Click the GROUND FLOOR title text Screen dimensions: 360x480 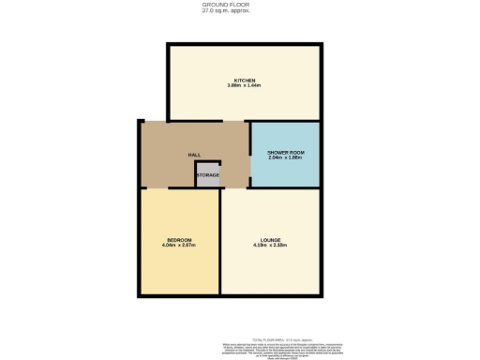point(239,5)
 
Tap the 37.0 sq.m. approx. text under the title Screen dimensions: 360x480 point(239,11)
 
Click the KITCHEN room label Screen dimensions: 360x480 point(246,81)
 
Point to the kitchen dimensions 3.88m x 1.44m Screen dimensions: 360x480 point(246,87)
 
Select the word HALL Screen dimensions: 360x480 point(195,156)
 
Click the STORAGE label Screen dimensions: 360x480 point(208,175)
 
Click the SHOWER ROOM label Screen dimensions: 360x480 point(286,152)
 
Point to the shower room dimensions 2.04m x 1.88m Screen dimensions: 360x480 point(286,157)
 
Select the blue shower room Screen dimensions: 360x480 point(286,173)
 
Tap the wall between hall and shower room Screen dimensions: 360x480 point(249,155)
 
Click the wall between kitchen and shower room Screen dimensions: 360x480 point(286,122)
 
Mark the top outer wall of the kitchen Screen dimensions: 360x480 point(246,43)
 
